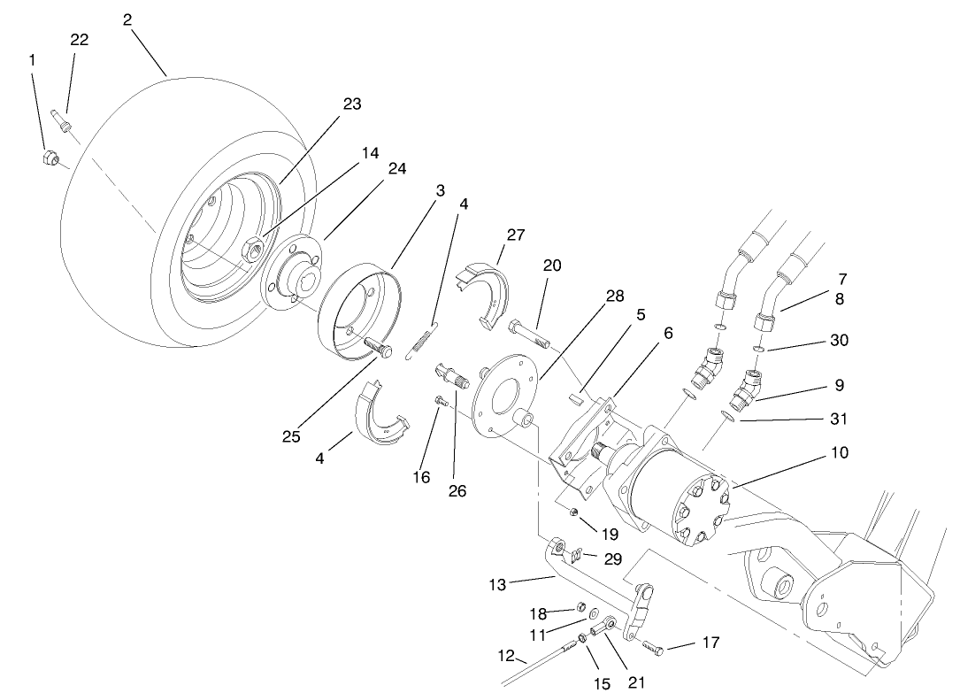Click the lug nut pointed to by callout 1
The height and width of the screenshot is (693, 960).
[51, 158]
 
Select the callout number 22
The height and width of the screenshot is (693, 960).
[80, 40]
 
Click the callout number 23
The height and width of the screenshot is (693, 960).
[352, 104]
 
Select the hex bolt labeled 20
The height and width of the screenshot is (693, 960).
[528, 335]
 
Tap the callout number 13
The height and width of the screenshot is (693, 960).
[498, 585]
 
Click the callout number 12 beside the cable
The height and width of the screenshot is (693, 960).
[506, 656]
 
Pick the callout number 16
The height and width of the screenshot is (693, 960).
[421, 477]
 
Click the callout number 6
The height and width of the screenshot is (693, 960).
[668, 332]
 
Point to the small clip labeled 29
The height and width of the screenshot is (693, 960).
[574, 556]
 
